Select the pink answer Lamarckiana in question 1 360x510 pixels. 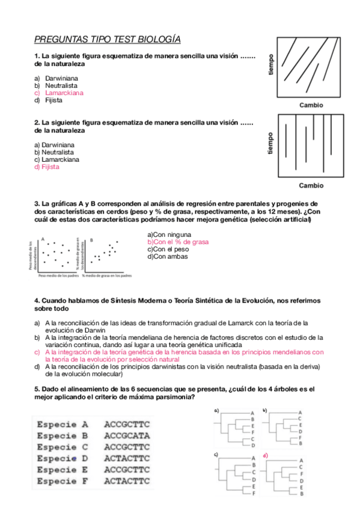[x=64, y=93]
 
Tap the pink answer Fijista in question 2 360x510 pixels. [x=50, y=168]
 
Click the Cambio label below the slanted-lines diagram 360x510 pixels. [x=311, y=105]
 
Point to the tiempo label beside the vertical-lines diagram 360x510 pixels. [x=270, y=144]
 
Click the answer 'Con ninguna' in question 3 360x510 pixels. [x=169, y=235]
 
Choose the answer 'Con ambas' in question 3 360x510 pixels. [x=168, y=257]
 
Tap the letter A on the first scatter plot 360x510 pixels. [x=43, y=239]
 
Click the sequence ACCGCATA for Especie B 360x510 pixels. [x=127, y=435]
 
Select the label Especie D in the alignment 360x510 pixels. [x=62, y=459]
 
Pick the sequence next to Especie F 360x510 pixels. [x=127, y=482]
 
